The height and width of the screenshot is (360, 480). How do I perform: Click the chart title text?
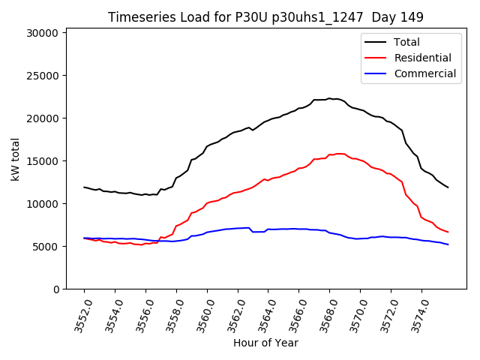[265, 17]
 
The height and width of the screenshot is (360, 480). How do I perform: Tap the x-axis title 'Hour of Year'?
[265, 343]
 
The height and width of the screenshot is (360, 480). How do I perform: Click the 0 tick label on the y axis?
[55, 289]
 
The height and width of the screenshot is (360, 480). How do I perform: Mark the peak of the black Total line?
[329, 98]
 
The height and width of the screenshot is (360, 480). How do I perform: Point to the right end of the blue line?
[448, 244]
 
